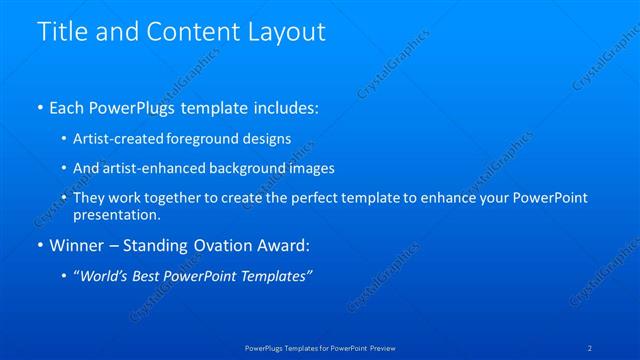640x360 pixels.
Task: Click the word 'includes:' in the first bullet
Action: tap(283, 105)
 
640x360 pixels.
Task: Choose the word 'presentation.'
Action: tap(116, 214)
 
